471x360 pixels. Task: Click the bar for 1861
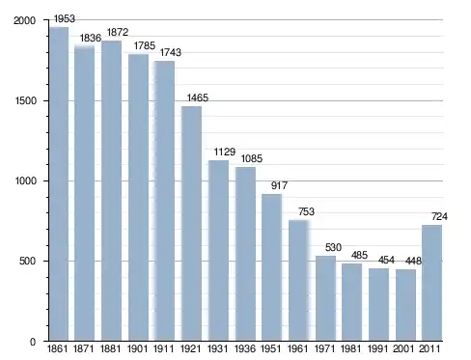click(x=59, y=183)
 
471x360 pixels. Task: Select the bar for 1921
click(x=191, y=223)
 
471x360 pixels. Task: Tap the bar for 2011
click(x=431, y=283)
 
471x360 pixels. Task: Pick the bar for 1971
click(x=325, y=298)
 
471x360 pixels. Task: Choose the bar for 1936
click(x=245, y=254)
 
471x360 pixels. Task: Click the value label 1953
click(x=65, y=18)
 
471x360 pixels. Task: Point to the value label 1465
click(x=198, y=97)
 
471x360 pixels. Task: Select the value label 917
click(x=279, y=185)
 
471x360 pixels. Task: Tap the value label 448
click(x=413, y=261)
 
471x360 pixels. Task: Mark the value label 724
click(x=439, y=216)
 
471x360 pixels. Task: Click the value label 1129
click(x=225, y=152)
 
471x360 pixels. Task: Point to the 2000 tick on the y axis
click(x=24, y=20)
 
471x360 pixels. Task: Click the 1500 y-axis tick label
click(x=25, y=100)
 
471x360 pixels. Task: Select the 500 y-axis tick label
click(x=27, y=261)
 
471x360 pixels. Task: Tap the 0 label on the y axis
click(x=33, y=342)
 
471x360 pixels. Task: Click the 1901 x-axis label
click(x=137, y=348)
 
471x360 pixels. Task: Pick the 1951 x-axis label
click(x=270, y=348)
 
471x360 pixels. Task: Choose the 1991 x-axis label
click(x=377, y=348)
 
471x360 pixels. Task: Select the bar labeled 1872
click(x=111, y=191)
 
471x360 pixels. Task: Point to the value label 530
click(x=333, y=247)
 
